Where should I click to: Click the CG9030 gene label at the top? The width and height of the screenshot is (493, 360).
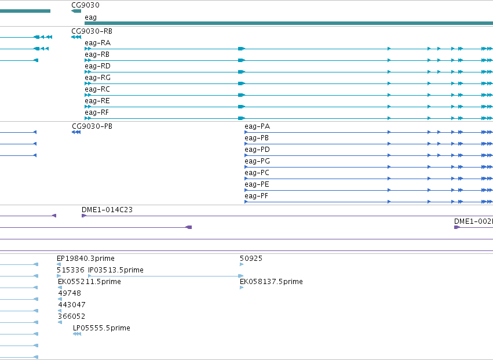tap(85, 5)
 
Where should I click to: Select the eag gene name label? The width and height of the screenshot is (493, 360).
tap(90, 17)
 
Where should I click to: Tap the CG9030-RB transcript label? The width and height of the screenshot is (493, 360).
tap(92, 31)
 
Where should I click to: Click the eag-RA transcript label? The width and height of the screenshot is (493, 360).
tap(97, 43)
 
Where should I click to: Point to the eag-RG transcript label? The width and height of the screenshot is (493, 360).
tap(97, 78)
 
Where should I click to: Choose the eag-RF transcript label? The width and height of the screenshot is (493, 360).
tap(97, 112)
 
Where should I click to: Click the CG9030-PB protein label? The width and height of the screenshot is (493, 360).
tap(92, 126)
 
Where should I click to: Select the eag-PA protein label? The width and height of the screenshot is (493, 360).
tap(257, 126)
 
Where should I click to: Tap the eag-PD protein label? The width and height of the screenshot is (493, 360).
tap(257, 150)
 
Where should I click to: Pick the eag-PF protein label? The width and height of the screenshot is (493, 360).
tap(256, 196)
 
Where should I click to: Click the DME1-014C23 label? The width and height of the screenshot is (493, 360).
tap(107, 210)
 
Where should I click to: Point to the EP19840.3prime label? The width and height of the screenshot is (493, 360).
tap(86, 259)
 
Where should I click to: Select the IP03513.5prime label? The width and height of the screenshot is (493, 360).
tap(116, 270)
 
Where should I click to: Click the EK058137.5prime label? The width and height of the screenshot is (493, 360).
tap(271, 282)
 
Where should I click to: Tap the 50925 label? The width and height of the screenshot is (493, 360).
tap(251, 259)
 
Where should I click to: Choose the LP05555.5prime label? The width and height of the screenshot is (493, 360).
tap(101, 328)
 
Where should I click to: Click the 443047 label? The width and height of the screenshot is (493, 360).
tap(72, 305)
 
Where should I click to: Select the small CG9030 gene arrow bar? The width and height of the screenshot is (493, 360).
tap(76, 11)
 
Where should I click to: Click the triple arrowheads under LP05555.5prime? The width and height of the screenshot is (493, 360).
tap(77, 334)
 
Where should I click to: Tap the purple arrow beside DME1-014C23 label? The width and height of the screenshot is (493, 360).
tap(84, 216)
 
